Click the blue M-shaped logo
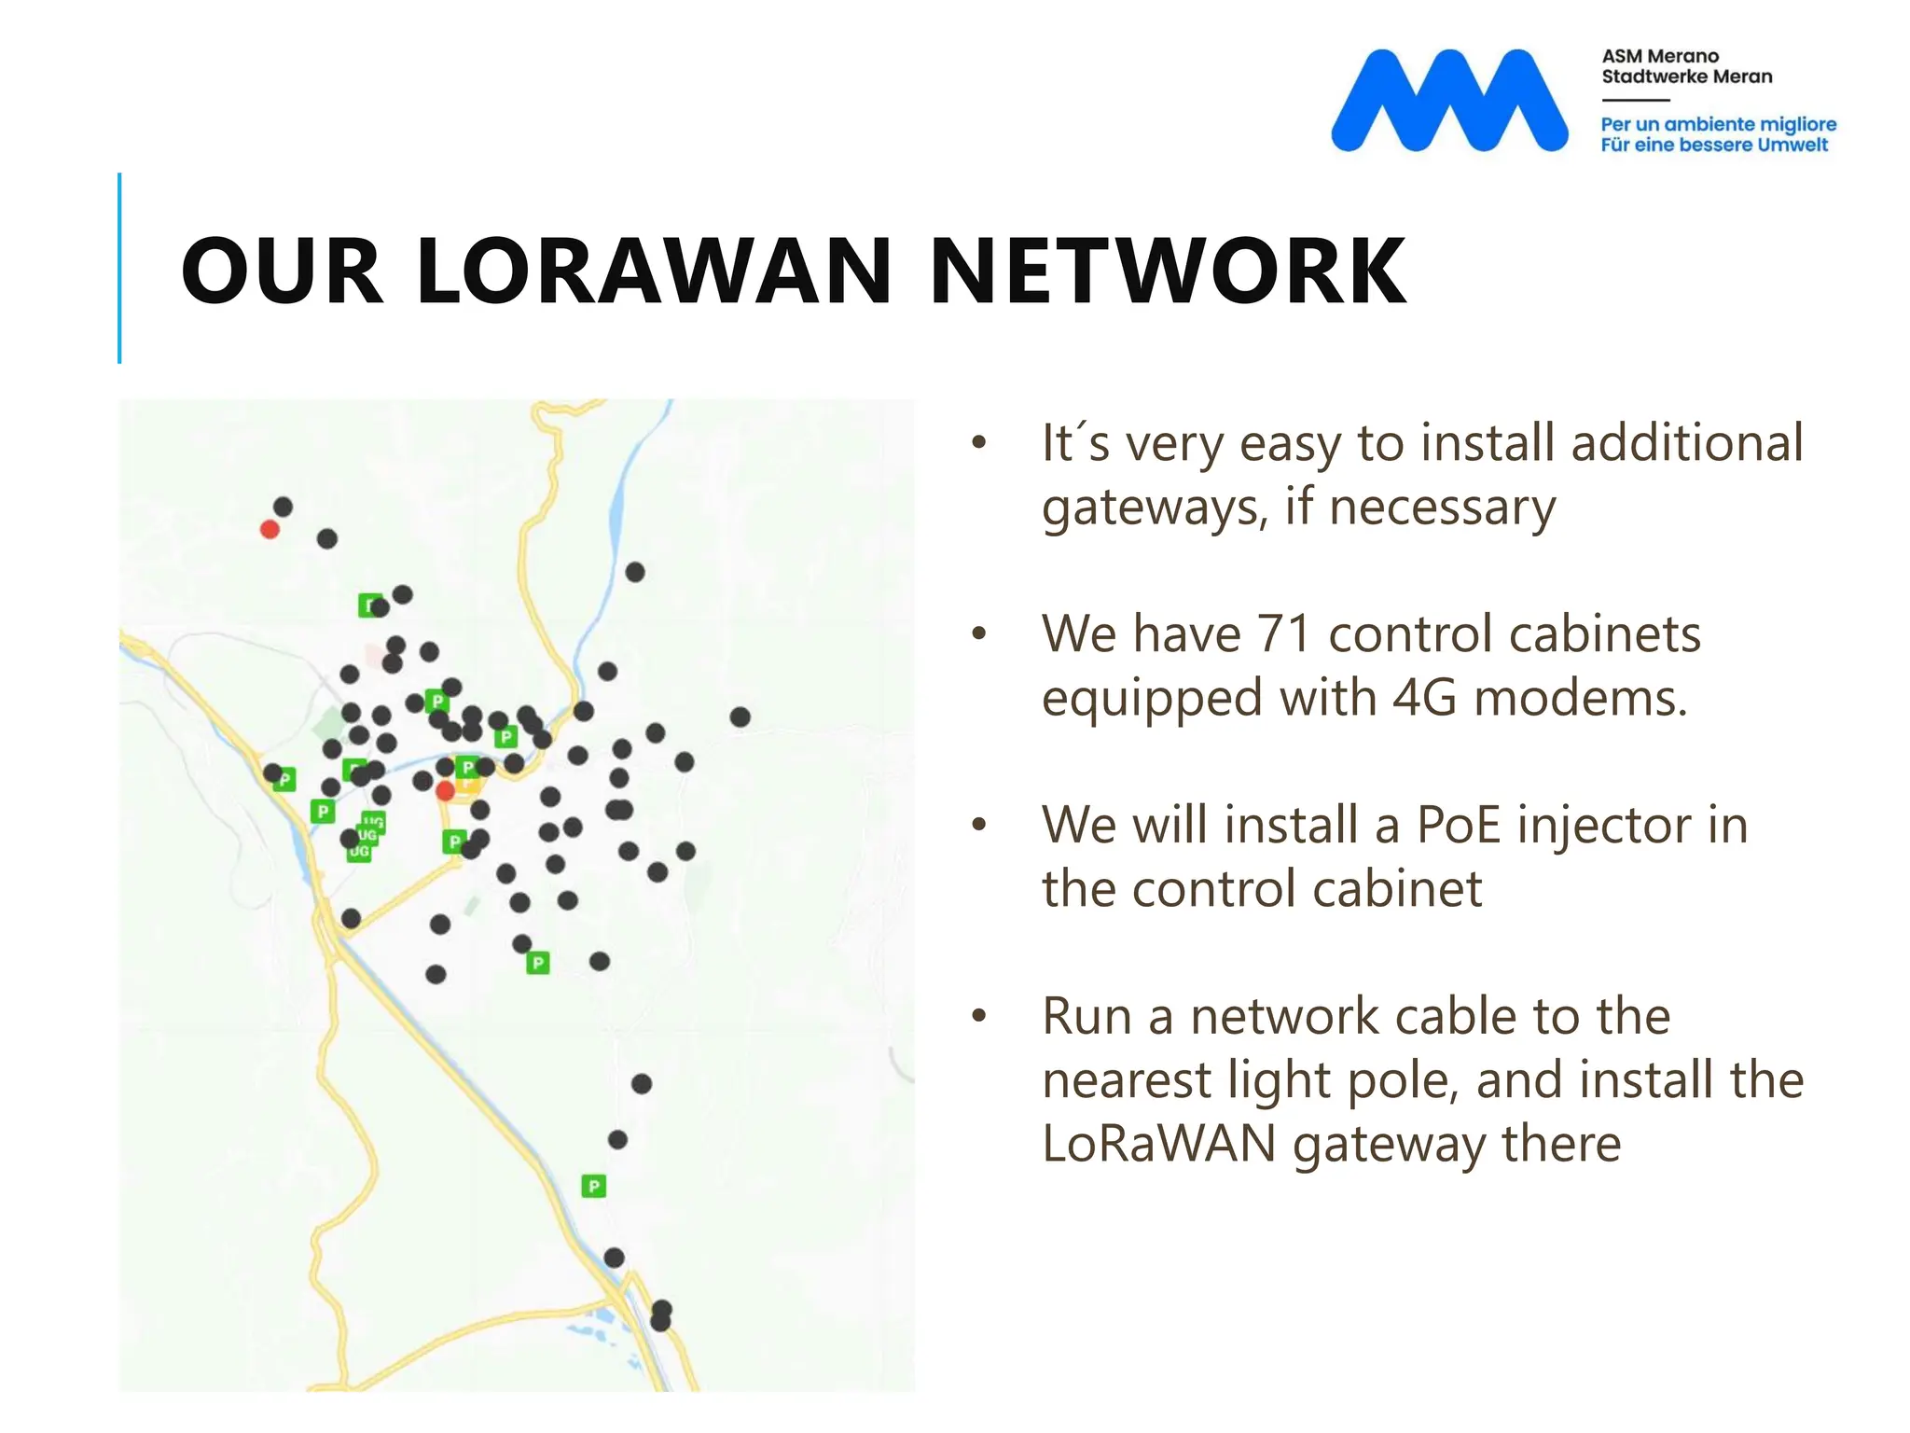1448,100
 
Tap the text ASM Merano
1660,56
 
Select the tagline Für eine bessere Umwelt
1714,145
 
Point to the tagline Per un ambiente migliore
1718,124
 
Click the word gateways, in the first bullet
1156,508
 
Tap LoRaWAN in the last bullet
1158,1144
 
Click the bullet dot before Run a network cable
978,1016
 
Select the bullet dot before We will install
978,825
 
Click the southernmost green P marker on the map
594,1186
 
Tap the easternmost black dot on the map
740,716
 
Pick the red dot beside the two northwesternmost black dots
270,530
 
